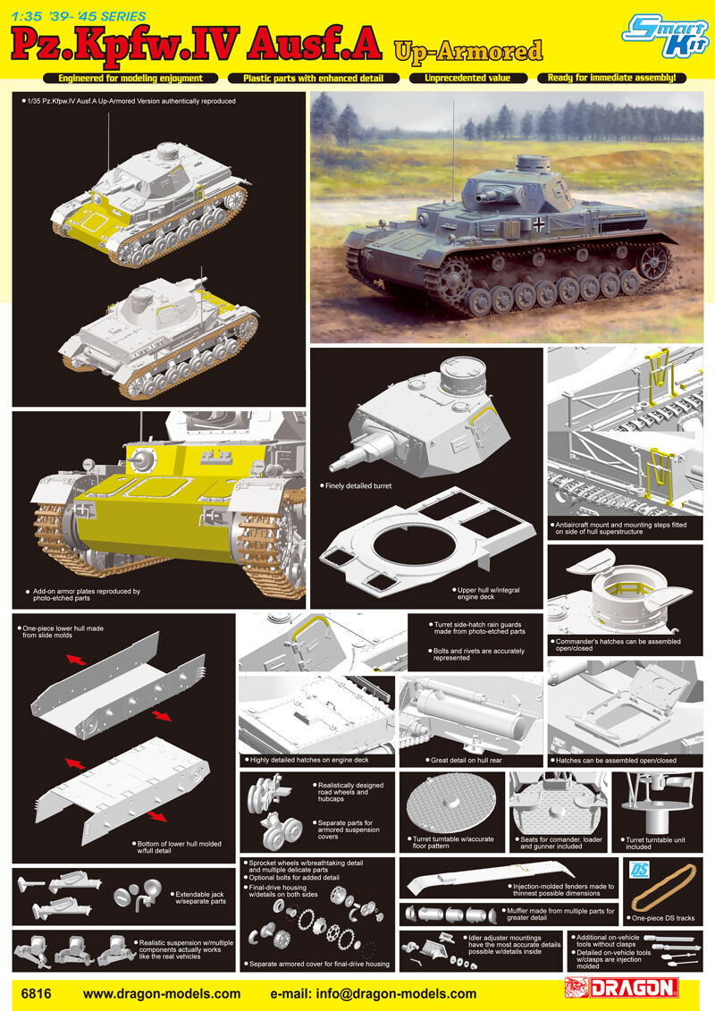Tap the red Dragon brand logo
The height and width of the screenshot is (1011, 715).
[x=621, y=987]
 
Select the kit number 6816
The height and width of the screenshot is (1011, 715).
[x=36, y=994]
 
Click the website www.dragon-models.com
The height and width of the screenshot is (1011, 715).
[x=162, y=994]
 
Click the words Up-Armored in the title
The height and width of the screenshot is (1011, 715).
[x=468, y=51]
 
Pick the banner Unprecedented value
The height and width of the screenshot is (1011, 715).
[x=467, y=78]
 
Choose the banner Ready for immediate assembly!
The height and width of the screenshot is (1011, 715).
[x=612, y=78]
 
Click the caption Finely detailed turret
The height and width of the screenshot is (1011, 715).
[x=358, y=485]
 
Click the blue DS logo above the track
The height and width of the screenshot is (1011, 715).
[x=640, y=869]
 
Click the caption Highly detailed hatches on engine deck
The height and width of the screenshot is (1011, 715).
[x=307, y=760]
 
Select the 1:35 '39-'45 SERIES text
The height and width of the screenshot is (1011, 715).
[x=79, y=16]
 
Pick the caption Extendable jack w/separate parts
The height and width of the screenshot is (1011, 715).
[x=200, y=897]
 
